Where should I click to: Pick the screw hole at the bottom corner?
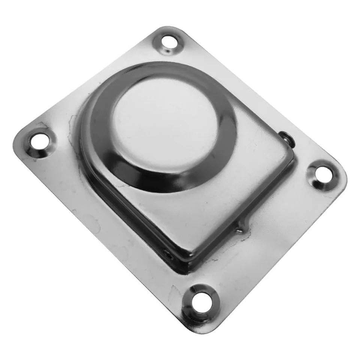pos(199,300)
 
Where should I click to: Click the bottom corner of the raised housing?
pos(187,262)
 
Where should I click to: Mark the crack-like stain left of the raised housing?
pos(71,124)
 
